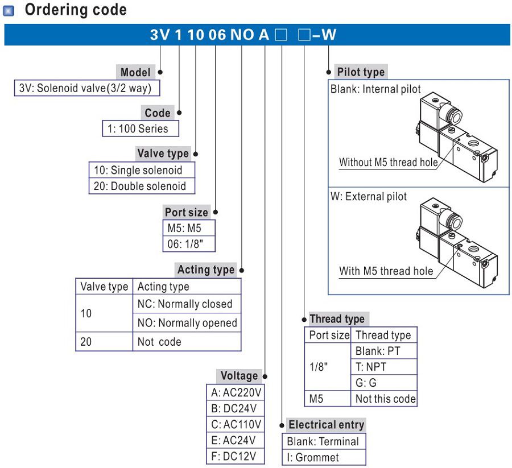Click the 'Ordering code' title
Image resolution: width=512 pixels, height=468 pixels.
pos(75,10)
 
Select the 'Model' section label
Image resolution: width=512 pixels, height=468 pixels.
pos(135,72)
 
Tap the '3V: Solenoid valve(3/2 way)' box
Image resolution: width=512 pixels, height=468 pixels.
pos(86,89)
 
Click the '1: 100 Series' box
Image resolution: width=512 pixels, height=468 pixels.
pos(140,129)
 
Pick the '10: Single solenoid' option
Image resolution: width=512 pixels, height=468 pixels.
pos(142,170)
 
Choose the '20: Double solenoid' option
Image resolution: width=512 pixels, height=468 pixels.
pos(142,186)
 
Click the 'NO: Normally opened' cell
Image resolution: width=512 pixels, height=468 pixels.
pos(187,323)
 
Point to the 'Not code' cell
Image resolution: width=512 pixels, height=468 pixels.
pos(159,342)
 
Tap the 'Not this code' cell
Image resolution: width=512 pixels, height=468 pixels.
pos(385,399)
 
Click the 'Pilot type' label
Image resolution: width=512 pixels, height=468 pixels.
pos(361,72)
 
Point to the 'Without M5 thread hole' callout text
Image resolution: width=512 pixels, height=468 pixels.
pos(389,162)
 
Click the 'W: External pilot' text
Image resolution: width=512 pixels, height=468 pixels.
pos(369,197)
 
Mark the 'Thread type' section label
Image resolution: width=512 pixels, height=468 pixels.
pos(337,319)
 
